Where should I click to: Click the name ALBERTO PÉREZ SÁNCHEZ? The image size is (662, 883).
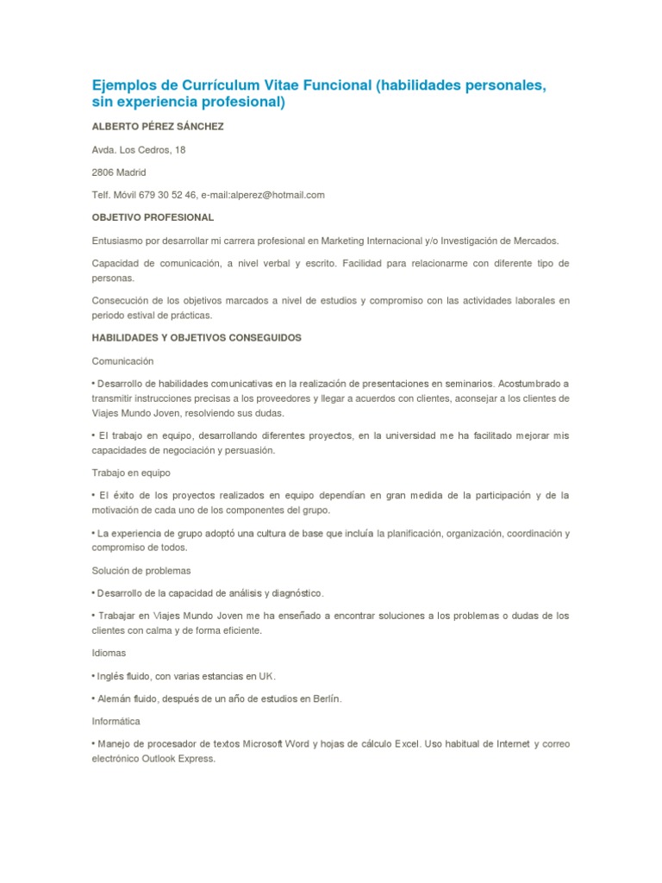coord(158,127)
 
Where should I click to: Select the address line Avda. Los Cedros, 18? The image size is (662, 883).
coord(139,150)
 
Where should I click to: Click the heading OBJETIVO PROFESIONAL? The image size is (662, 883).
coord(153,217)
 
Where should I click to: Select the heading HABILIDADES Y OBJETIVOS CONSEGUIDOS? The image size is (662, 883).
coord(197,338)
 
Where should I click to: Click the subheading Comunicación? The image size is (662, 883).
coord(122,360)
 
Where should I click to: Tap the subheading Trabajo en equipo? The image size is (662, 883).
coord(131,473)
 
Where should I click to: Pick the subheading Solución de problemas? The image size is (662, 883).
coord(141,571)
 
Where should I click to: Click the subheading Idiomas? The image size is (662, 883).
coord(109,653)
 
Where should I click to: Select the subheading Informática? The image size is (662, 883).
coord(116,721)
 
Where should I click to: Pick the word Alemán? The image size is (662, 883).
coord(113,698)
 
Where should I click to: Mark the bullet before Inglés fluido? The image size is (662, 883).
coord(93,676)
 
